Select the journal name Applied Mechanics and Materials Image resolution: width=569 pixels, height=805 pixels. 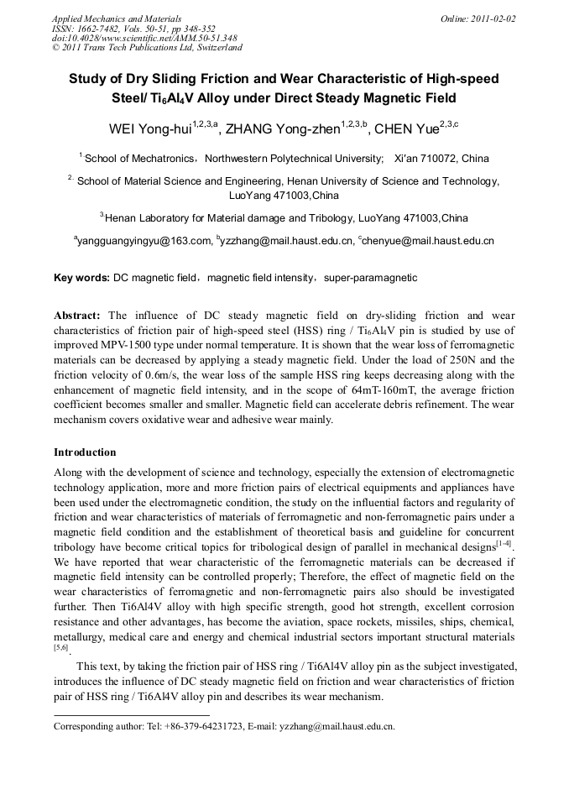117,18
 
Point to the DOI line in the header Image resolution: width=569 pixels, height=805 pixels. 144,38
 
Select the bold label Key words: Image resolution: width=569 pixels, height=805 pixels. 81,277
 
